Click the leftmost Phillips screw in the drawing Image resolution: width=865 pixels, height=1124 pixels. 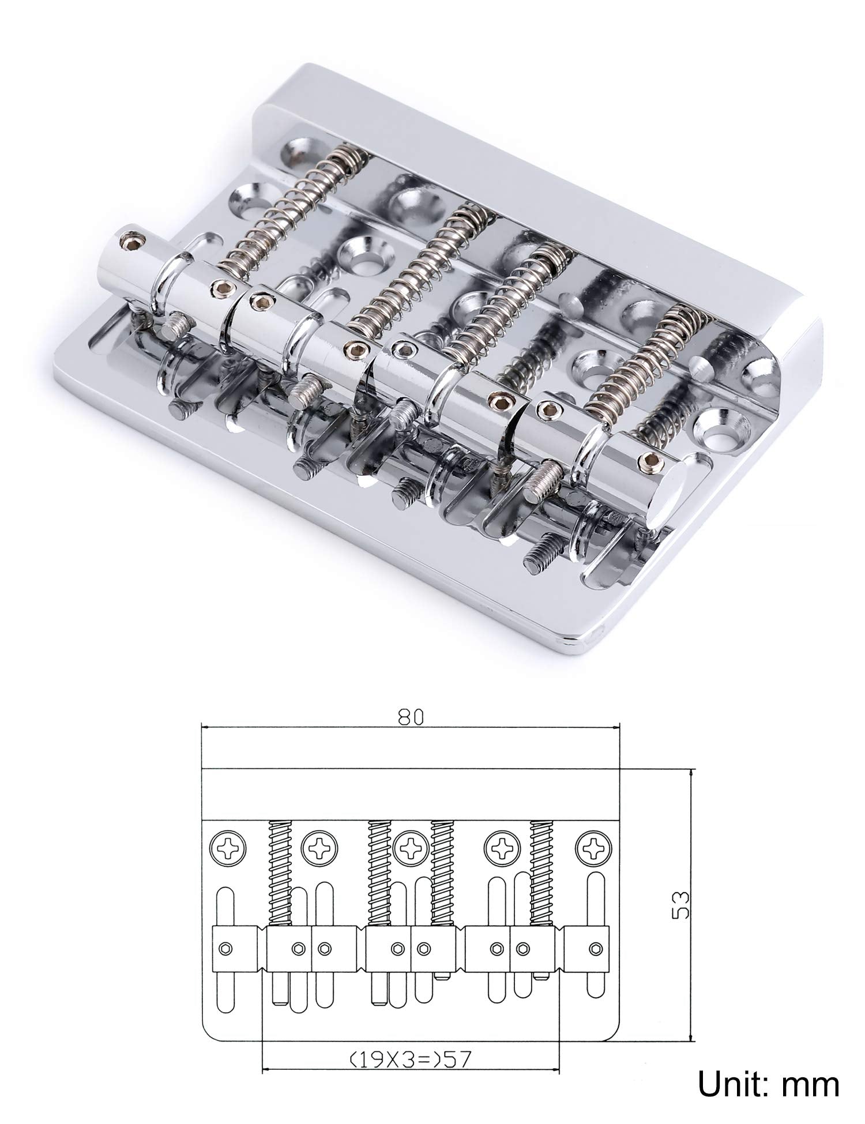229,848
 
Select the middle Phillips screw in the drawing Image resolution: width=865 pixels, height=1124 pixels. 411,848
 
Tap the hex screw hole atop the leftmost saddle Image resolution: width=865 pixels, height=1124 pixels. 130,238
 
